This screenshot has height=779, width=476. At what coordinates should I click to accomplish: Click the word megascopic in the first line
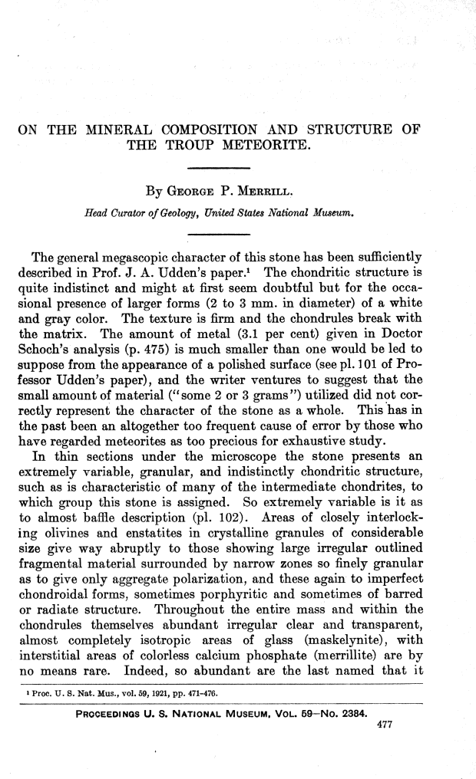tap(123, 253)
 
